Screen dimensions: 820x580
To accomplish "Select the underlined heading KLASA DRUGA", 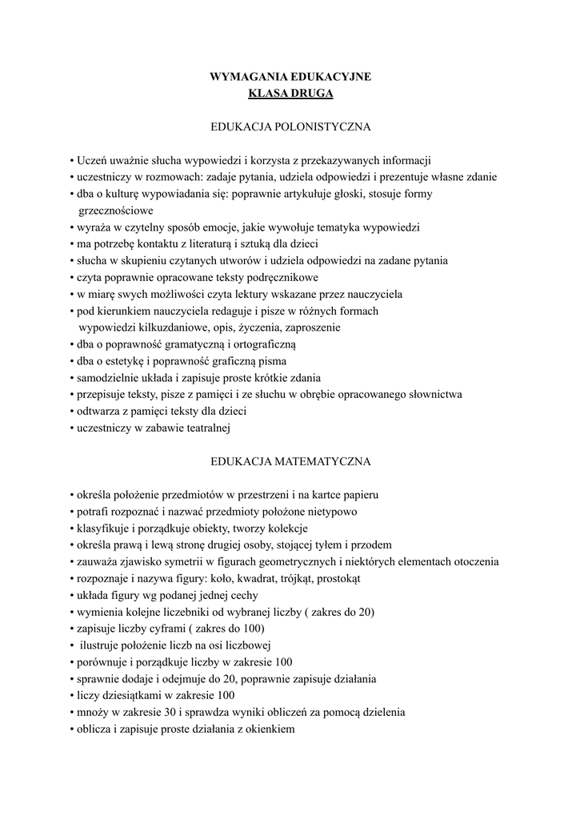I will click(290, 94).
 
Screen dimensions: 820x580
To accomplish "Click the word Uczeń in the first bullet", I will click(92, 160).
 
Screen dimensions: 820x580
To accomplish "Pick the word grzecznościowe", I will click(115, 211).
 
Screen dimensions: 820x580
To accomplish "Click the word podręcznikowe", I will click(278, 277).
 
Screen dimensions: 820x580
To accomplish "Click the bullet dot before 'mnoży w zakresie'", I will click(72, 712).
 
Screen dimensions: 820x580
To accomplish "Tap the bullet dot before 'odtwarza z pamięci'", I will click(72, 411).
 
